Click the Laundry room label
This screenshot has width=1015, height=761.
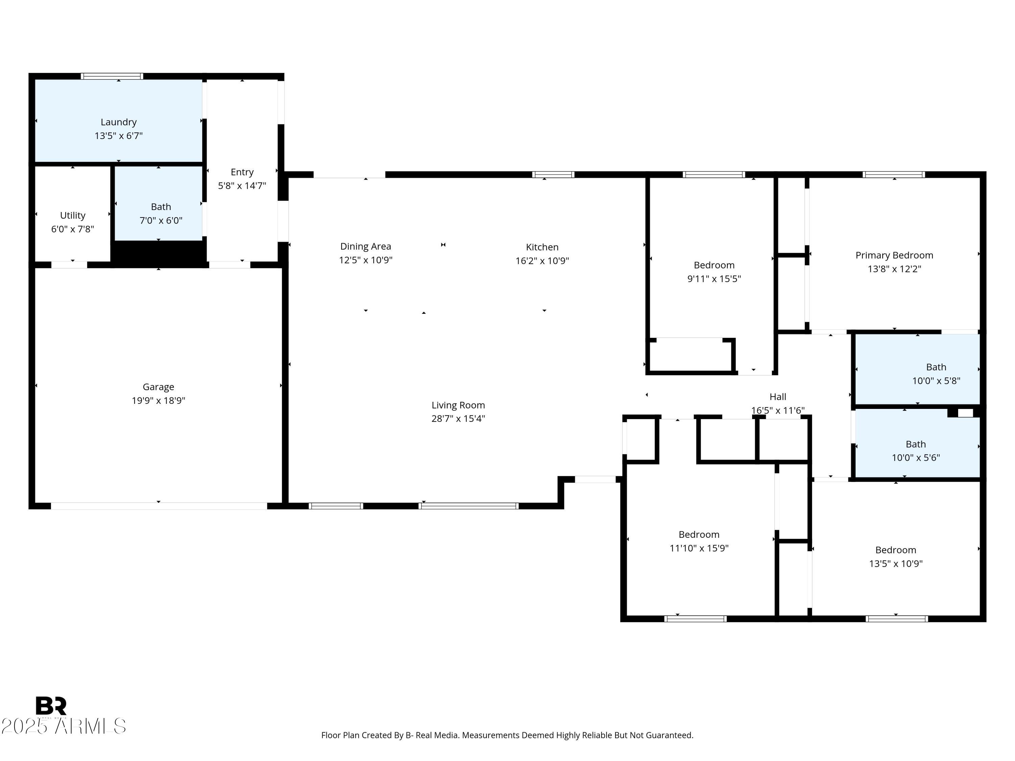coord(118,122)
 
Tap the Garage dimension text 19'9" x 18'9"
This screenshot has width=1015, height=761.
coord(158,400)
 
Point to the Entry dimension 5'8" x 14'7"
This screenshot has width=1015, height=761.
coord(242,186)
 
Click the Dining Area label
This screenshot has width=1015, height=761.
coord(365,246)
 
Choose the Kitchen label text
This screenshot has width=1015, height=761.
coord(542,247)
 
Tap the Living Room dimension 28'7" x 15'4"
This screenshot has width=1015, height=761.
coord(458,418)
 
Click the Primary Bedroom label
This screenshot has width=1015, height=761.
coord(894,255)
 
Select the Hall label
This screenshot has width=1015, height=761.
coord(778,397)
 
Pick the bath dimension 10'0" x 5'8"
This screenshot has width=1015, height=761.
coord(936,381)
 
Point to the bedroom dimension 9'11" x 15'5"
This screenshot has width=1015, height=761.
coord(714,279)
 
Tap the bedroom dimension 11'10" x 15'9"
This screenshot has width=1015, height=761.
coord(699,548)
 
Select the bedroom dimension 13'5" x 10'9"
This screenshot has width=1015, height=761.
coord(896,564)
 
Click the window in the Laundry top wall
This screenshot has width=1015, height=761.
coord(112,76)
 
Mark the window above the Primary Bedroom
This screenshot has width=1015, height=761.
coord(894,174)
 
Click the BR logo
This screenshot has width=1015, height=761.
coord(51,706)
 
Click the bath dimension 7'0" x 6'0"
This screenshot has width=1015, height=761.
coord(161,221)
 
